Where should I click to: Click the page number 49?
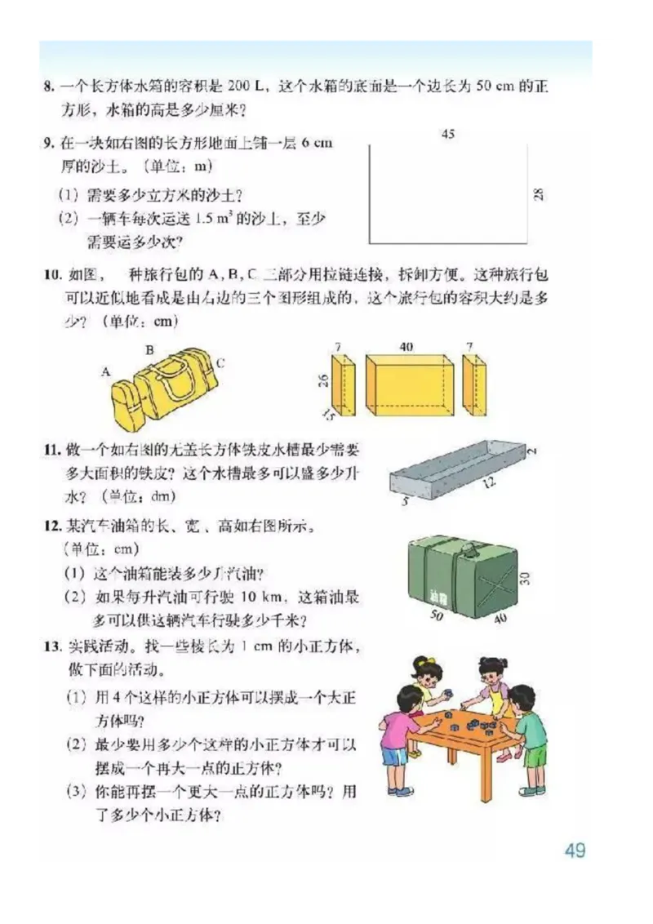[575, 850]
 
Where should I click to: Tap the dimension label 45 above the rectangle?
[447, 135]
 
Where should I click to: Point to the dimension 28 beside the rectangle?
[537, 194]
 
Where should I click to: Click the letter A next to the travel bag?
[106, 371]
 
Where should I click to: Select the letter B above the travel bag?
[149, 349]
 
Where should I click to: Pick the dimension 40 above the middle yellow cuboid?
[406, 347]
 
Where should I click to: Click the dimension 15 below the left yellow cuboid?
[327, 416]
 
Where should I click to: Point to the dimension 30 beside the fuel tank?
[525, 578]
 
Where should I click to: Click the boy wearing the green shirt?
[528, 735]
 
